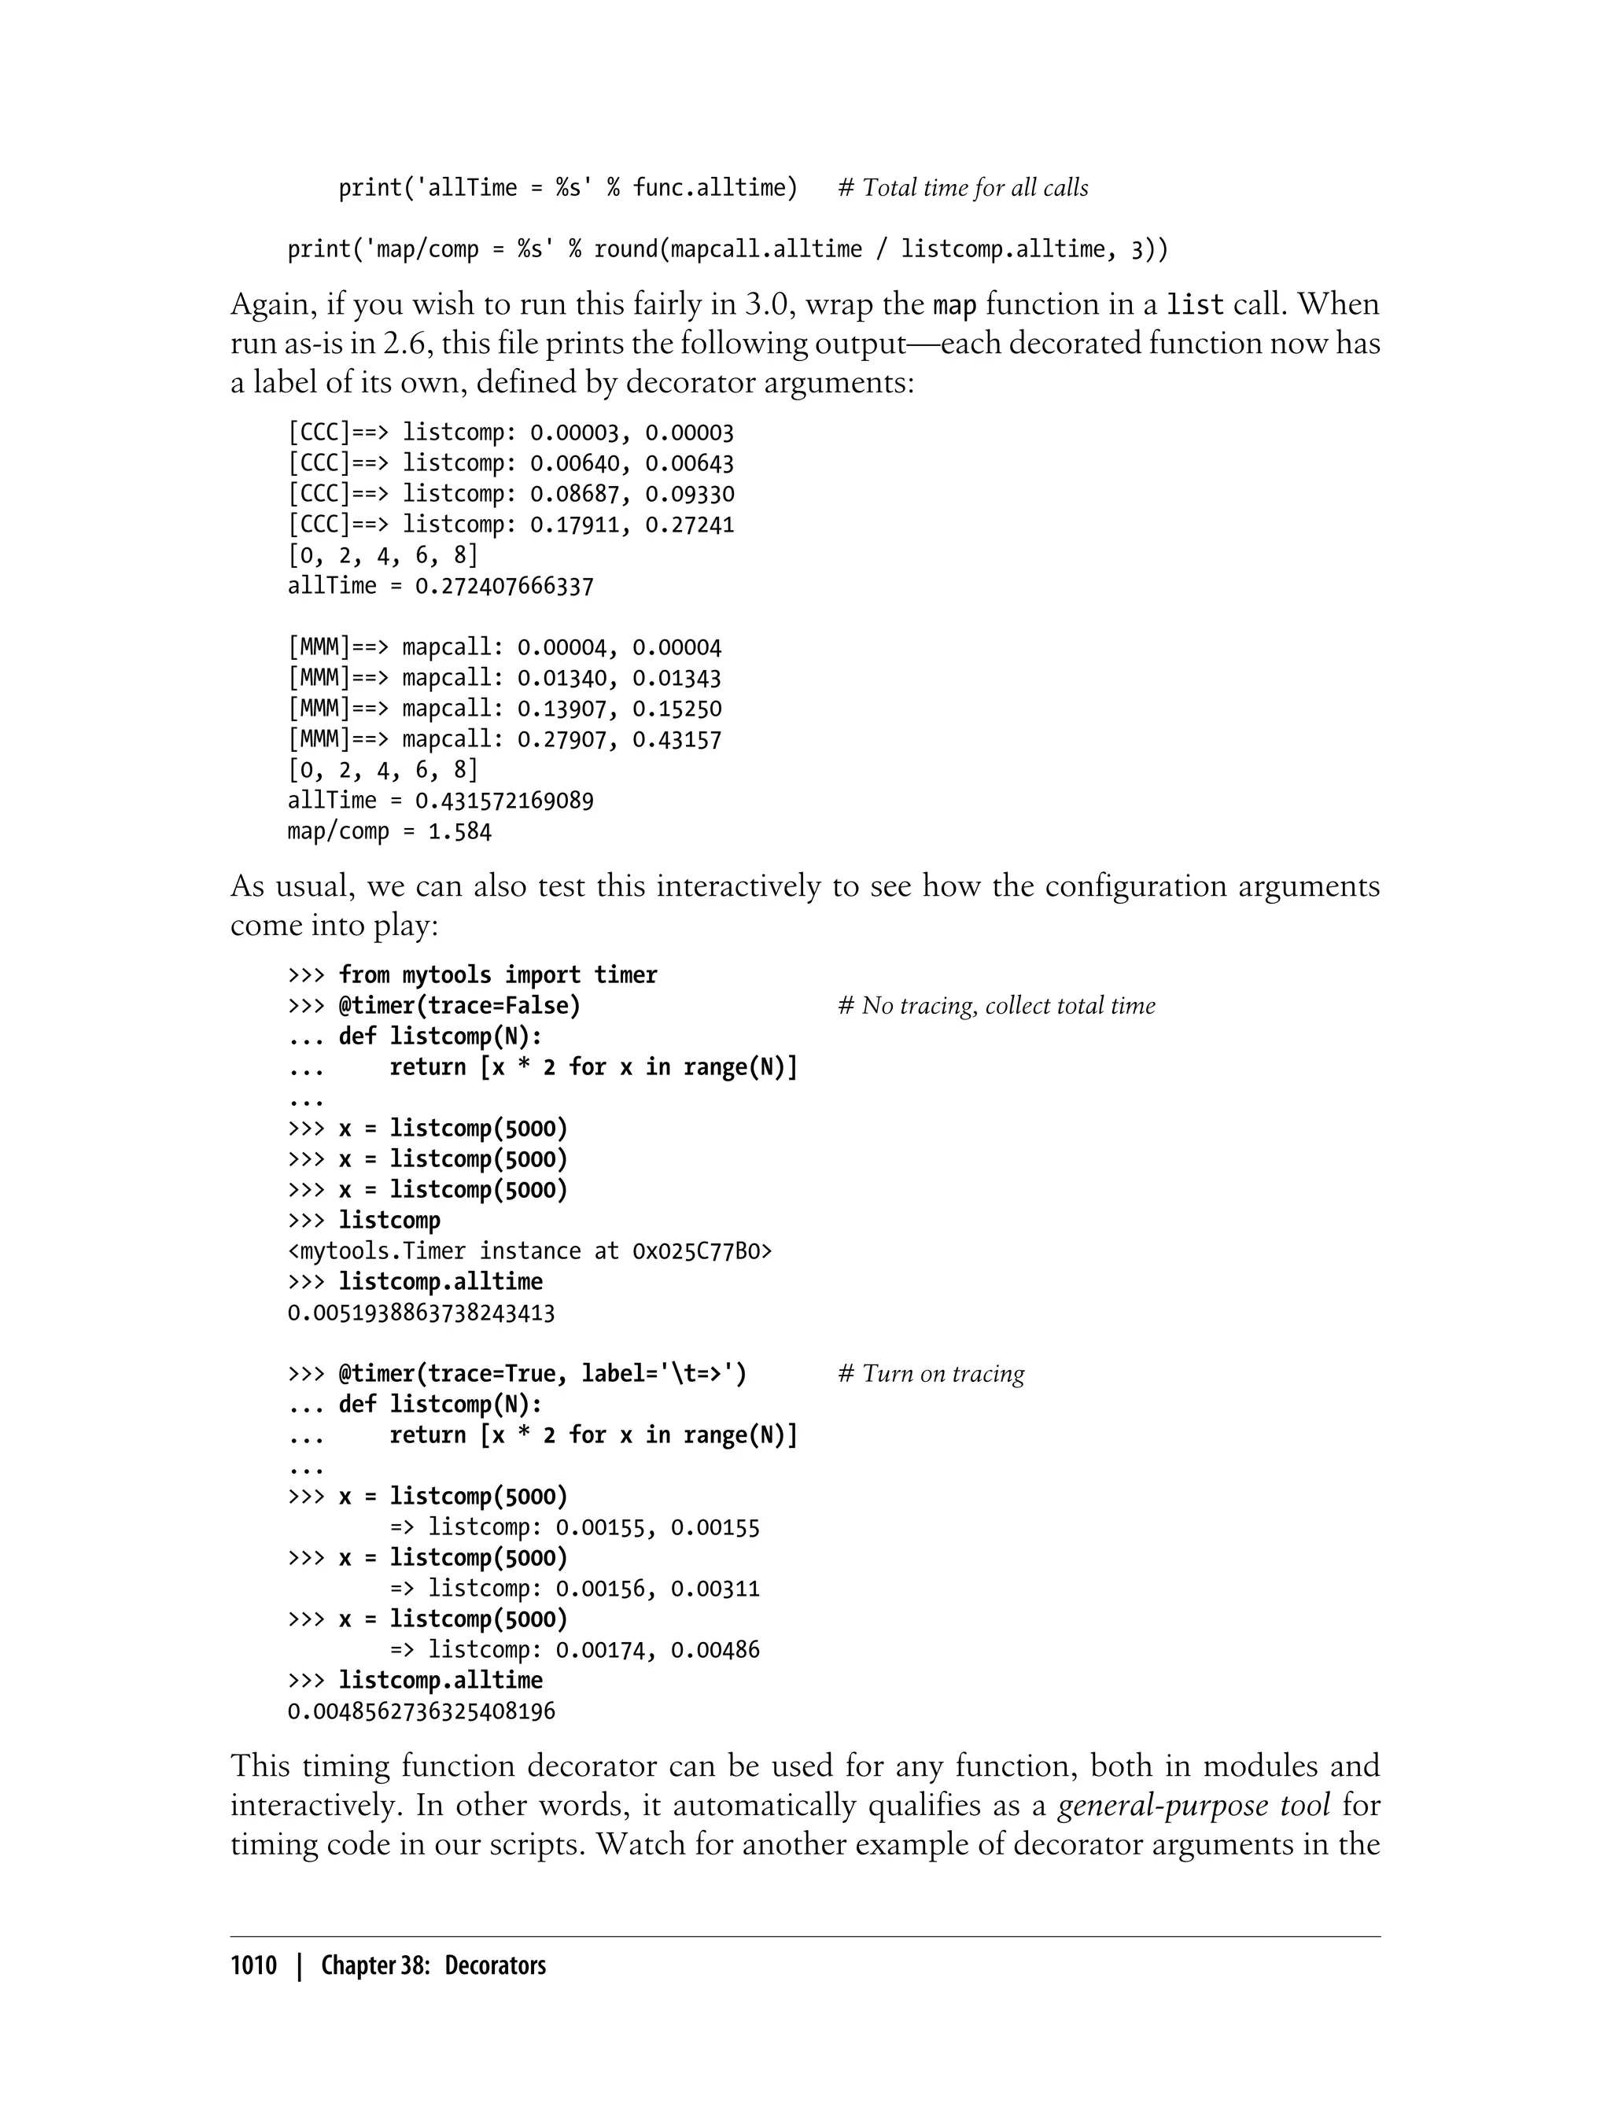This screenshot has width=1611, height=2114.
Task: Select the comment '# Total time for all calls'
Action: pyautogui.click(x=963, y=188)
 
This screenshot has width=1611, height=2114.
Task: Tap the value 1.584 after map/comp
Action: pyautogui.click(x=459, y=831)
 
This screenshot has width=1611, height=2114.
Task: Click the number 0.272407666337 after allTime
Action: pyautogui.click(x=503, y=586)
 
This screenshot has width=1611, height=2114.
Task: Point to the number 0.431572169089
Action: pyautogui.click(x=503, y=801)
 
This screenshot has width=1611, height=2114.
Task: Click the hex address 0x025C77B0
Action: pyautogui.click(x=702, y=1251)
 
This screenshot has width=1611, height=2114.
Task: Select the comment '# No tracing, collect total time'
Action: pyautogui.click(x=997, y=1006)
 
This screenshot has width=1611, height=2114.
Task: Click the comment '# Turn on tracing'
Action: pyautogui.click(x=931, y=1374)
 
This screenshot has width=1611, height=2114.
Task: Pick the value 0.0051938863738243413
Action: pyautogui.click(x=421, y=1313)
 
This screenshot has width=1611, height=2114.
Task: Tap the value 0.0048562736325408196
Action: pyautogui.click(x=421, y=1711)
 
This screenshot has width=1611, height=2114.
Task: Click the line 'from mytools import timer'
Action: pyautogui.click(x=498, y=975)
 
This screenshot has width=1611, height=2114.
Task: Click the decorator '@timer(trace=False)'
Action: pyautogui.click(x=459, y=1006)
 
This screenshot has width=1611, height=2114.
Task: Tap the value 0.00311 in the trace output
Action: pyautogui.click(x=714, y=1589)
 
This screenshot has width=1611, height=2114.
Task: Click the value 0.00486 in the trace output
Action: pyautogui.click(x=714, y=1650)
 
